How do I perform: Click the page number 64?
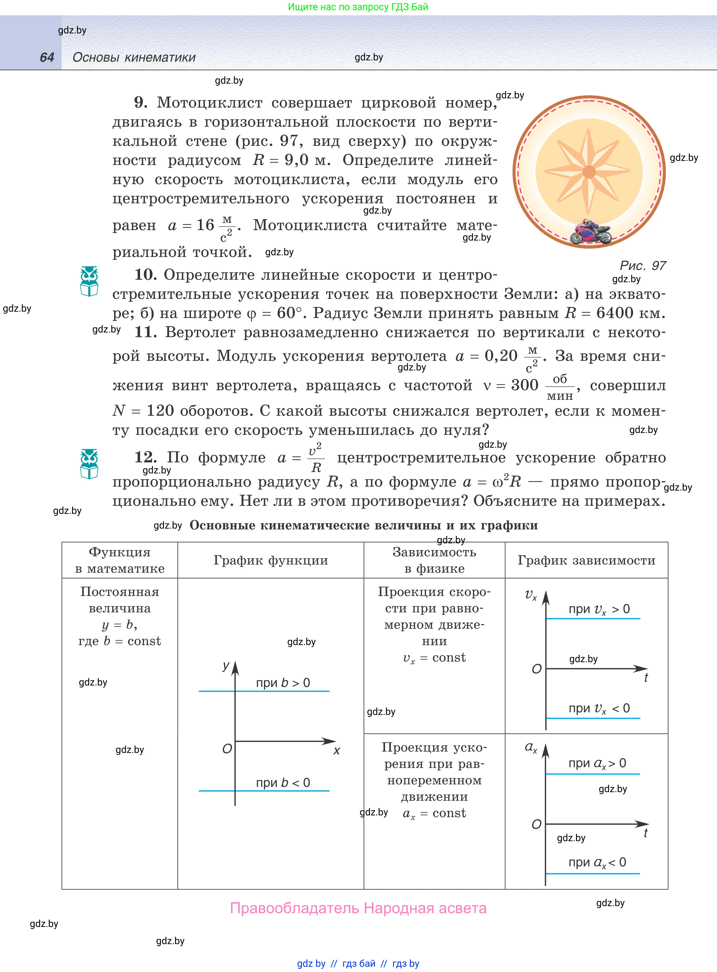click(47, 57)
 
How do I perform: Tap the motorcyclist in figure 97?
click(590, 232)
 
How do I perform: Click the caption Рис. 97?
click(642, 265)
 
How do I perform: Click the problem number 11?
click(145, 332)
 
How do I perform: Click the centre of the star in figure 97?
click(589, 172)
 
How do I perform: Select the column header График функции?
click(270, 560)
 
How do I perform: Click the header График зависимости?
click(586, 560)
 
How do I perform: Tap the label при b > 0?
click(283, 683)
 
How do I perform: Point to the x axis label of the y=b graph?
click(336, 751)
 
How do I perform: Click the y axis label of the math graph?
click(226, 666)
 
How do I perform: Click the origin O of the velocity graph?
click(537, 669)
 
